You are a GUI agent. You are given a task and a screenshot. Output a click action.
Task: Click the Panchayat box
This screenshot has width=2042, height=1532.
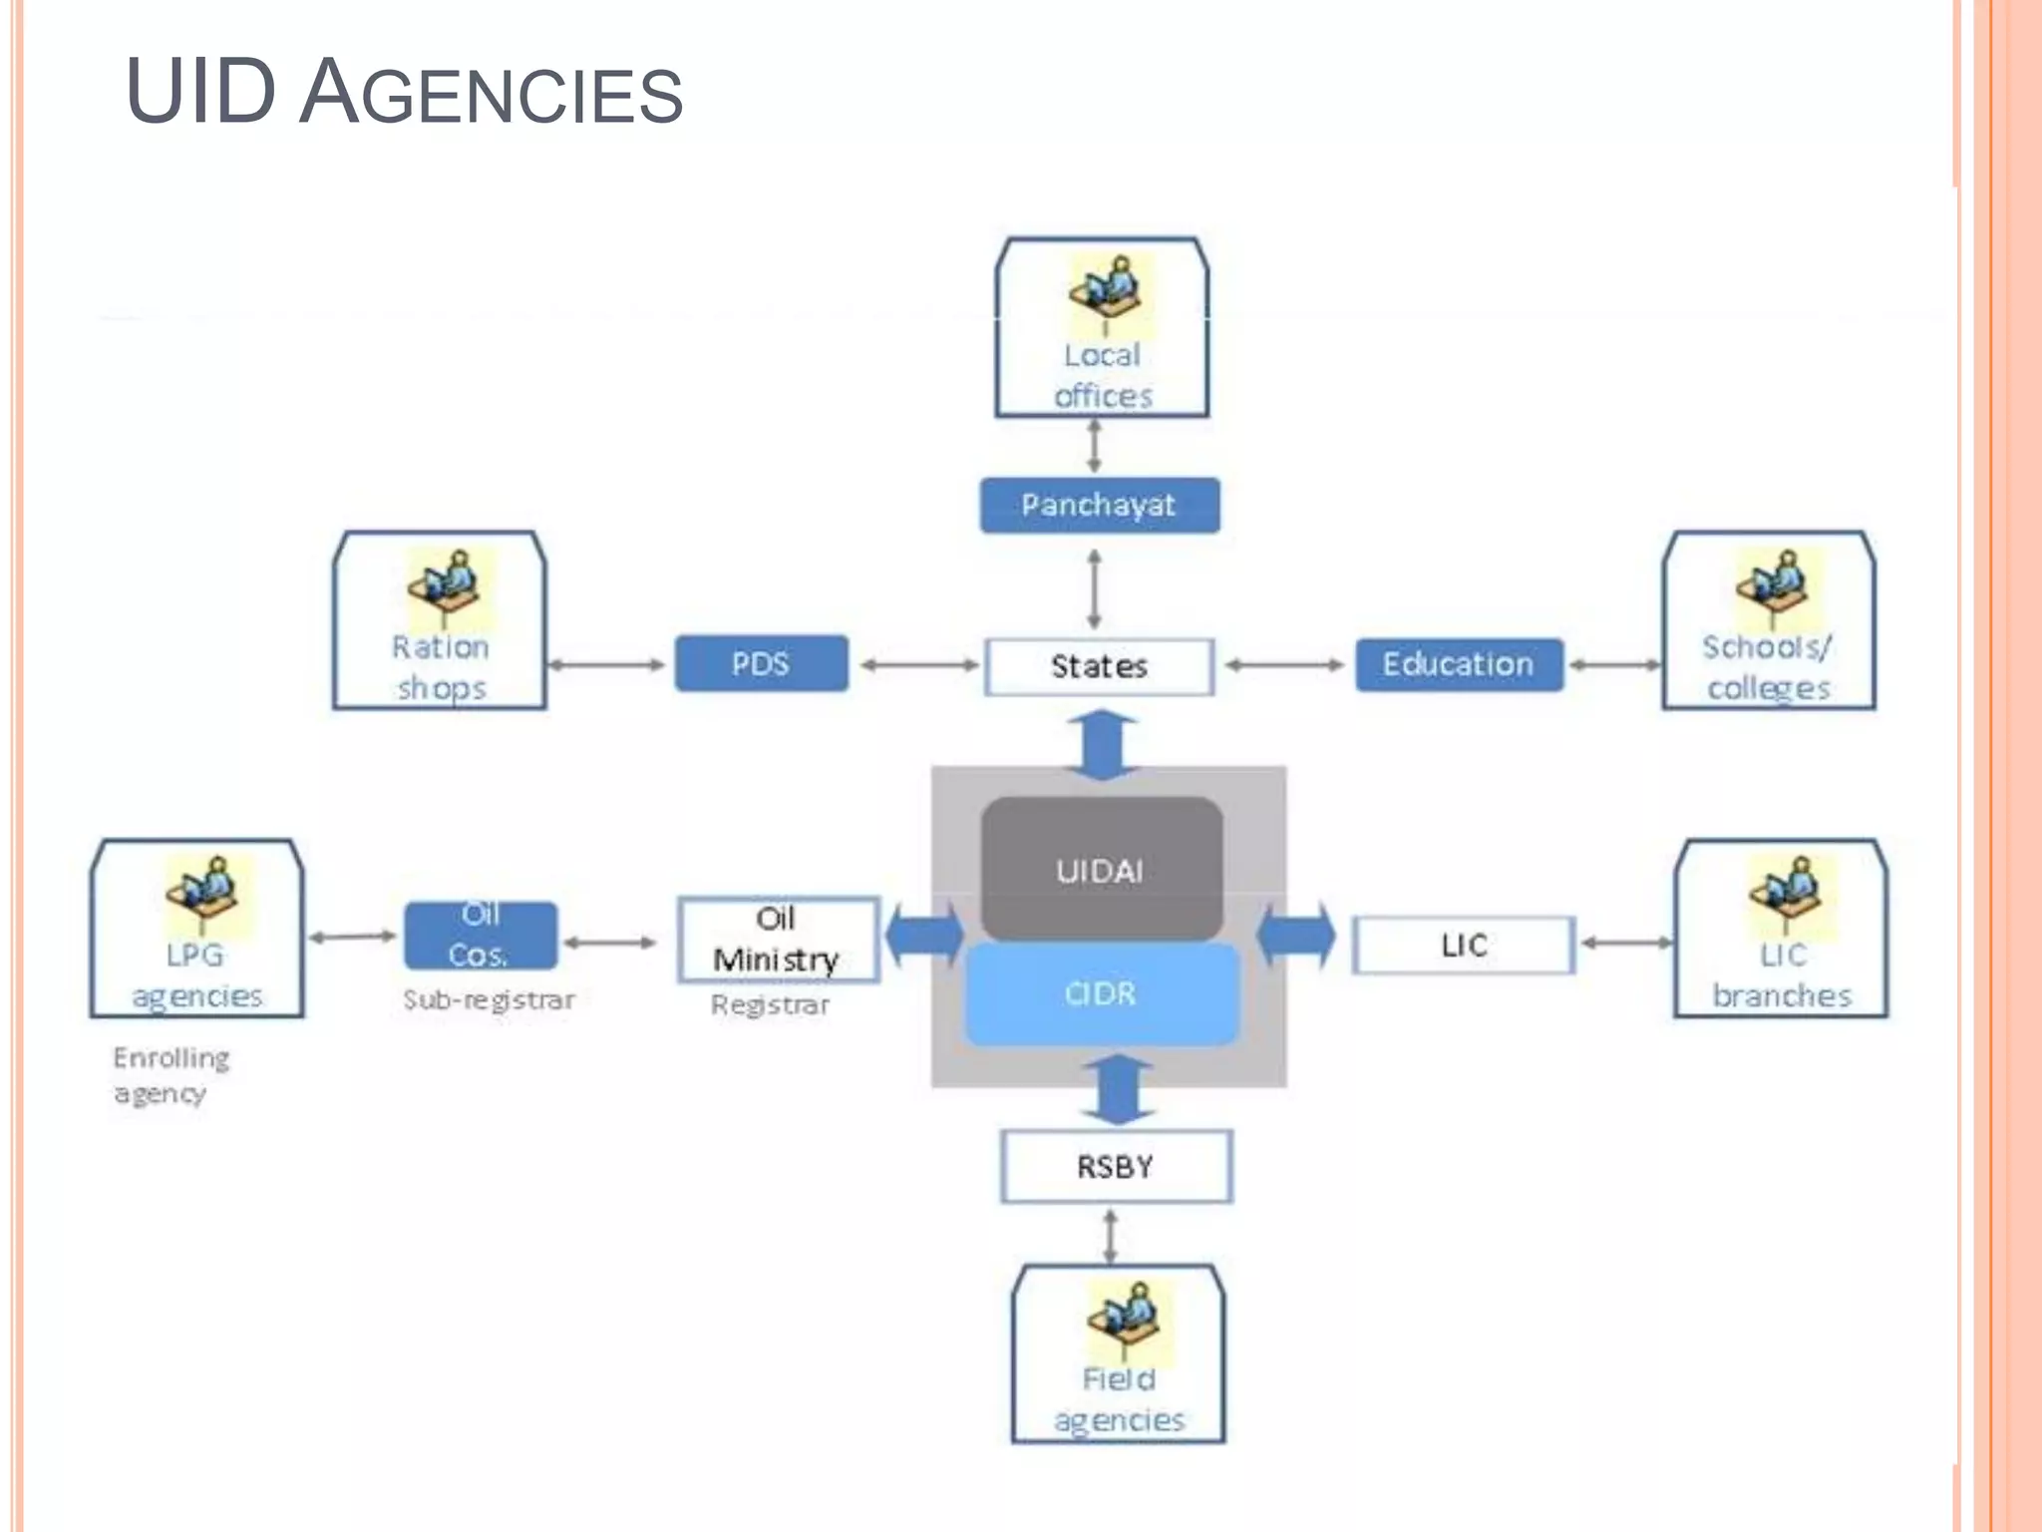click(1099, 505)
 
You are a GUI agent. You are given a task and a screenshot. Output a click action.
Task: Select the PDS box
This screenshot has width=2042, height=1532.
click(761, 663)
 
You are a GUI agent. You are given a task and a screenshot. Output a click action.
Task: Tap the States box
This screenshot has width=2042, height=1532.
click(1099, 666)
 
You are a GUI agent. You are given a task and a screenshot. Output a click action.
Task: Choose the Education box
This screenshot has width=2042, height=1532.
click(1458, 664)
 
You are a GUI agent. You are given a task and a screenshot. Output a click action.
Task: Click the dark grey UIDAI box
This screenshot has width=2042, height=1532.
click(1101, 869)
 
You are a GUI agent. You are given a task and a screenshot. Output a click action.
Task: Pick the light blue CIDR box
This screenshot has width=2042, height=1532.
click(1101, 993)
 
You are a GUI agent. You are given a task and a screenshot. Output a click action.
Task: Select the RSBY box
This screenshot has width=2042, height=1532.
click(1116, 1166)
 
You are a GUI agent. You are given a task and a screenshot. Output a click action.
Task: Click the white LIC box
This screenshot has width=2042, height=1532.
click(1463, 945)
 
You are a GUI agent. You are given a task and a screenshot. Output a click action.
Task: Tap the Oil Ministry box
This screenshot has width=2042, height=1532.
click(777, 940)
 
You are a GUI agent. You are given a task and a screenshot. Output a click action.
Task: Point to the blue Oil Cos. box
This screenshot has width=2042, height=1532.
click(480, 935)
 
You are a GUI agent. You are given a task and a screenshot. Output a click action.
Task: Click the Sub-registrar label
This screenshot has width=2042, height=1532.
click(489, 999)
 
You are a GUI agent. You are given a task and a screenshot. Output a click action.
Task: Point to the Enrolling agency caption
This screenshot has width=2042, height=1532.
click(170, 1075)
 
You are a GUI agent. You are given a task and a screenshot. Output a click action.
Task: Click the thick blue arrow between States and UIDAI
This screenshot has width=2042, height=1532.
click(1101, 744)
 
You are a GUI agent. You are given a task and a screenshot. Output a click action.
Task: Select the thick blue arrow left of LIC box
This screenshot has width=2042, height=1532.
click(1296, 936)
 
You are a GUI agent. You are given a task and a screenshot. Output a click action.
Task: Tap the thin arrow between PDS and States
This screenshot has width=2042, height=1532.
click(918, 665)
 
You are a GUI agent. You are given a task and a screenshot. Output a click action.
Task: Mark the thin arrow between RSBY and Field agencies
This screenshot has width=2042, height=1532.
click(1111, 1236)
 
